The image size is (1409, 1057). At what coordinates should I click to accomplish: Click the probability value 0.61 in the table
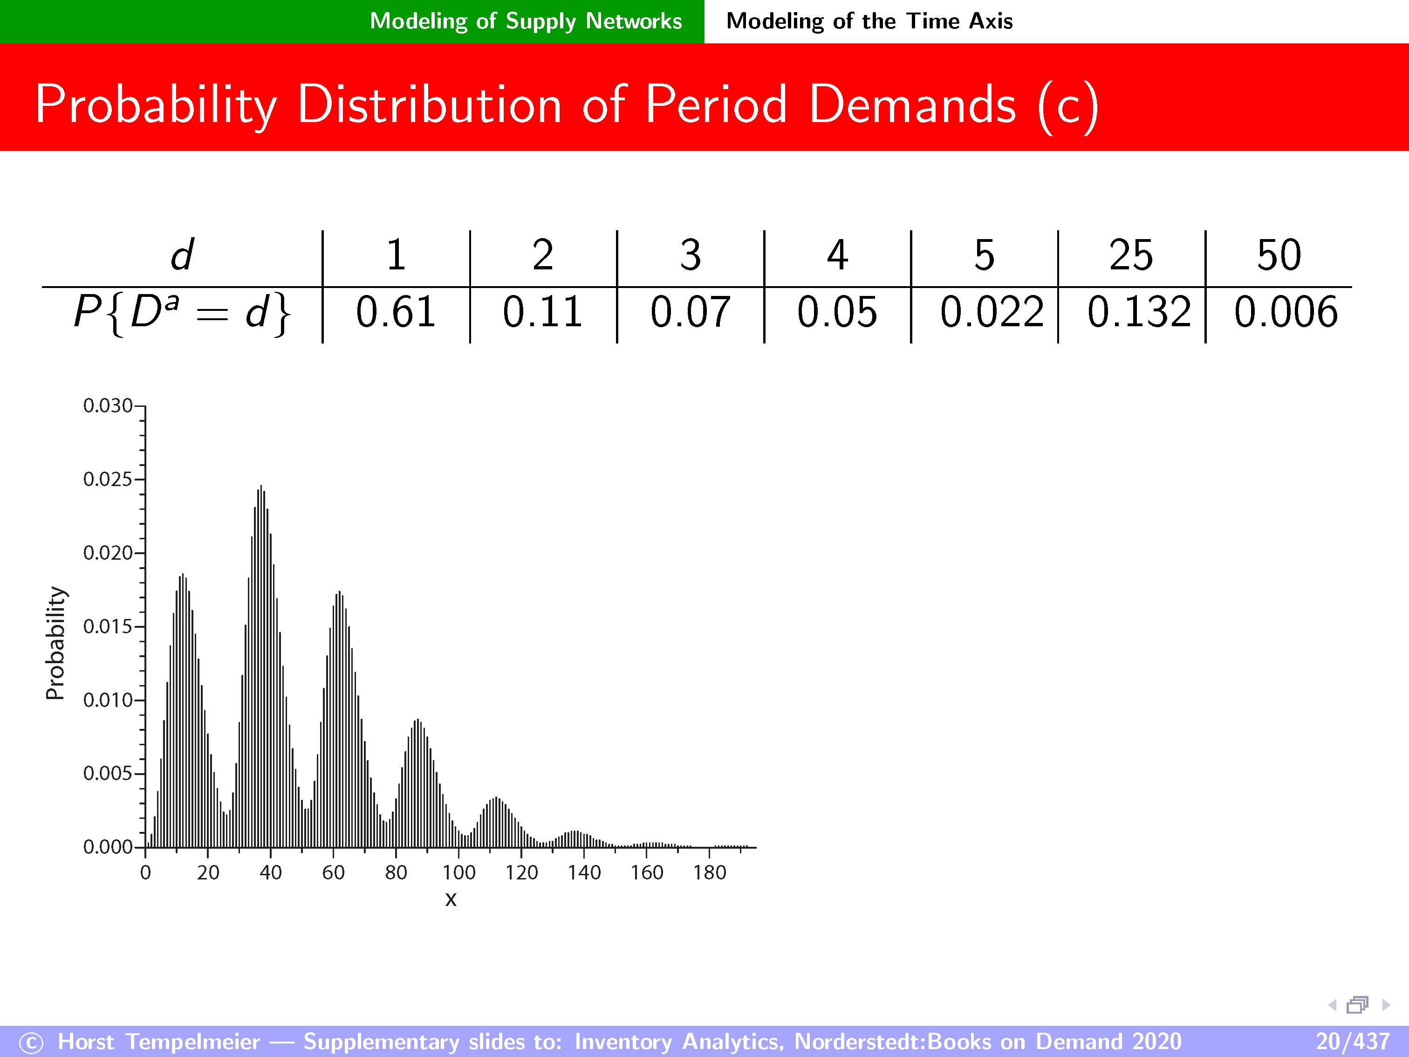coord(396,312)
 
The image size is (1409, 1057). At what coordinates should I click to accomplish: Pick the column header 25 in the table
coord(1131,255)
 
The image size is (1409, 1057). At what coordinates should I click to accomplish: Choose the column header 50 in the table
coord(1279,255)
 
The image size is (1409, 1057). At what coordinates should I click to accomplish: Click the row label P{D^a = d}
coord(182,314)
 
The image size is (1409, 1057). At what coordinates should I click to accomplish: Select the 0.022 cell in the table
coord(992,312)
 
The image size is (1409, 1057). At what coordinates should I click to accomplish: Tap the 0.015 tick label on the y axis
coord(108,626)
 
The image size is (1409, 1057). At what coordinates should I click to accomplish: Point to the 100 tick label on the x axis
coord(458,872)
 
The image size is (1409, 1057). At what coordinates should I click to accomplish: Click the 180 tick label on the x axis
coord(710,872)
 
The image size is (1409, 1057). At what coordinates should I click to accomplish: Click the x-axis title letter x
coord(451,899)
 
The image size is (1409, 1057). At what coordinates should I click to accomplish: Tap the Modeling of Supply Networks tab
coord(526,21)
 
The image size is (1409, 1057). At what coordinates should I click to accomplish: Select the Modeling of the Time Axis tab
coord(869,21)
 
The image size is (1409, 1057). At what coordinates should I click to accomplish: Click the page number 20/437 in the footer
coord(1352,1041)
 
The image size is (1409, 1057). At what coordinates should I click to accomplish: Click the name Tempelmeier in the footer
coord(192,1041)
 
